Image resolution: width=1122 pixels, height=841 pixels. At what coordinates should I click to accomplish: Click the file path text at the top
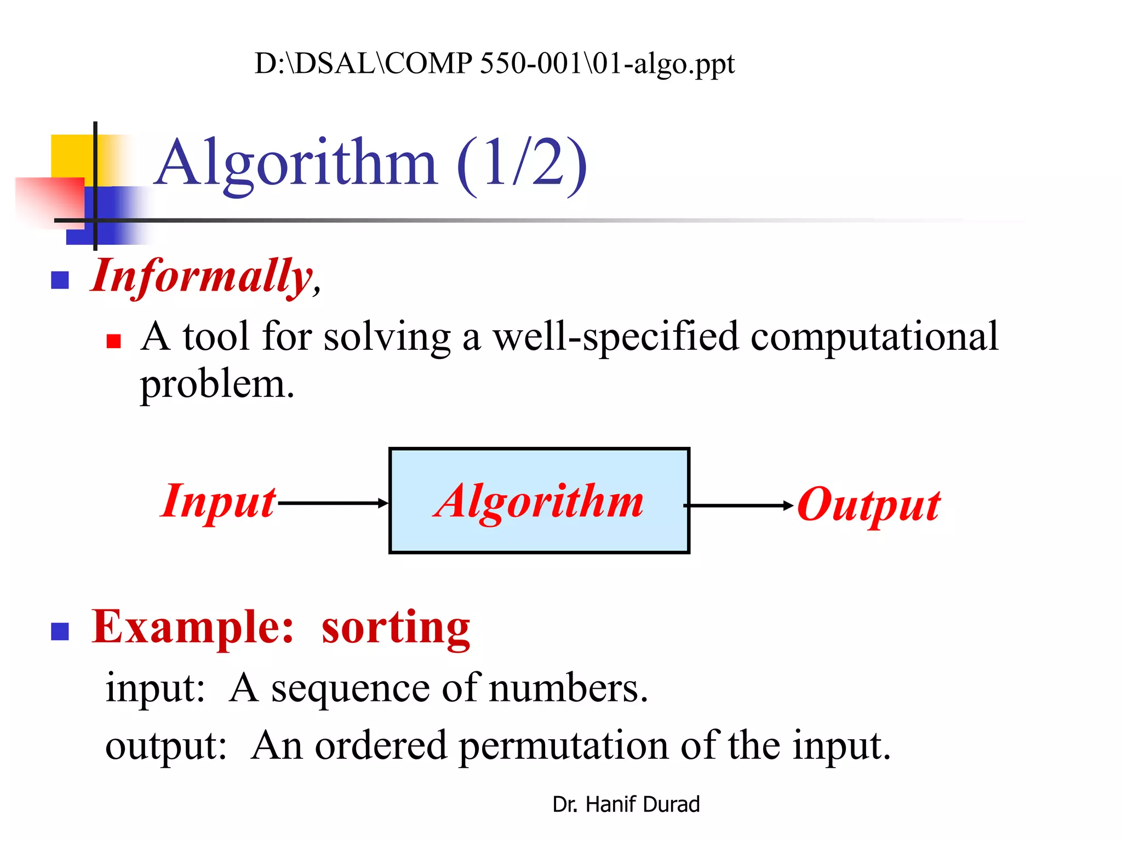(494, 64)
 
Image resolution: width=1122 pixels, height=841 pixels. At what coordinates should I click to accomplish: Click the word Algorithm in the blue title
(296, 163)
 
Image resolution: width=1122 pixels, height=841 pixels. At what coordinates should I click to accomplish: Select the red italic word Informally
(202, 277)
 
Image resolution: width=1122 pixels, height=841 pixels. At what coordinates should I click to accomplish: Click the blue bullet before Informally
(60, 280)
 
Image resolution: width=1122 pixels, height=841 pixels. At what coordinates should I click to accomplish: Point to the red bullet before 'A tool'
(113, 342)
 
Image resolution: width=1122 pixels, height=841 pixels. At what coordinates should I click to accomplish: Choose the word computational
(874, 336)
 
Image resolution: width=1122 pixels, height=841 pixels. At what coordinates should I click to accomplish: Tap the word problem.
(217, 385)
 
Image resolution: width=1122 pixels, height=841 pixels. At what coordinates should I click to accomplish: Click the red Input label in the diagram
(218, 502)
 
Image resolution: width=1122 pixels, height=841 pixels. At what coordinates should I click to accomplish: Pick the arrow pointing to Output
(740, 506)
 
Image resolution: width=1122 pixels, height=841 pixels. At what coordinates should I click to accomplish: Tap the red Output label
(869, 505)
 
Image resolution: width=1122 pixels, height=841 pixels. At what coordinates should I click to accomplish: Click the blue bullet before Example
(60, 631)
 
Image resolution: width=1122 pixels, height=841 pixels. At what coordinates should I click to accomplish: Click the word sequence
(351, 688)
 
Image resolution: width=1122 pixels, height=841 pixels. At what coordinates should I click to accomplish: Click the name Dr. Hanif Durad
(626, 804)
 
